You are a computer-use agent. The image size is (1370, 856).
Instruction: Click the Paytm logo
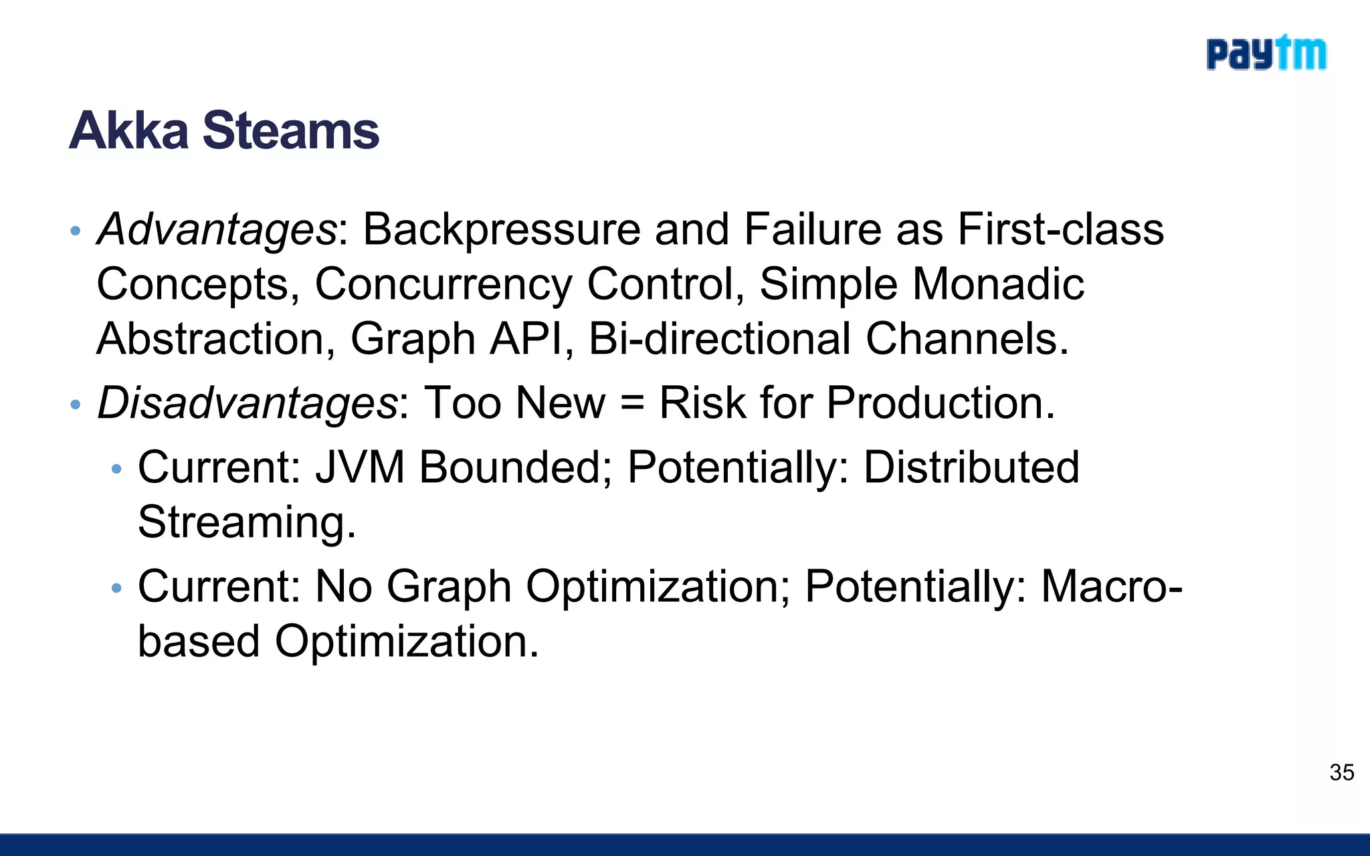tap(1266, 53)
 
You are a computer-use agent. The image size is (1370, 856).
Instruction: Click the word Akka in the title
tap(129, 130)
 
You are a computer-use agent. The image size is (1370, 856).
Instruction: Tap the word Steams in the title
tap(291, 130)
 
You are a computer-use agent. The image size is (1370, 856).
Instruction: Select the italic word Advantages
tap(217, 229)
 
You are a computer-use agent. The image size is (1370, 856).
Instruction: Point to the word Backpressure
tap(501, 229)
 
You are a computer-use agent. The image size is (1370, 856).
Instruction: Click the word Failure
tap(813, 229)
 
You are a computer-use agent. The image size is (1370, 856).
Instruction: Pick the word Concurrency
tap(443, 284)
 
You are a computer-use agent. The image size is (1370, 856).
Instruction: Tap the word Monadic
tap(998, 284)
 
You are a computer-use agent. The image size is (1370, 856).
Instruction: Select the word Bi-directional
tap(719, 338)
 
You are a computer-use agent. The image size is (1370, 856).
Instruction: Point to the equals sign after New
tap(632, 404)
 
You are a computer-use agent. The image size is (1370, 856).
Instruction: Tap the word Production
tap(941, 403)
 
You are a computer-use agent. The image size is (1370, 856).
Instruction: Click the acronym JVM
tap(360, 467)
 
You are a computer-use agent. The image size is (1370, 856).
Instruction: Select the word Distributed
tap(971, 467)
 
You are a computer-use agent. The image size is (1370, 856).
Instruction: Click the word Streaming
tap(247, 522)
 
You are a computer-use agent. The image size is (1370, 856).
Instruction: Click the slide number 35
tap(1342, 772)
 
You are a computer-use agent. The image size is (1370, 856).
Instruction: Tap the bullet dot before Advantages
tap(76, 231)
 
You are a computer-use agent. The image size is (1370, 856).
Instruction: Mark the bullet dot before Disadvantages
tap(76, 405)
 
